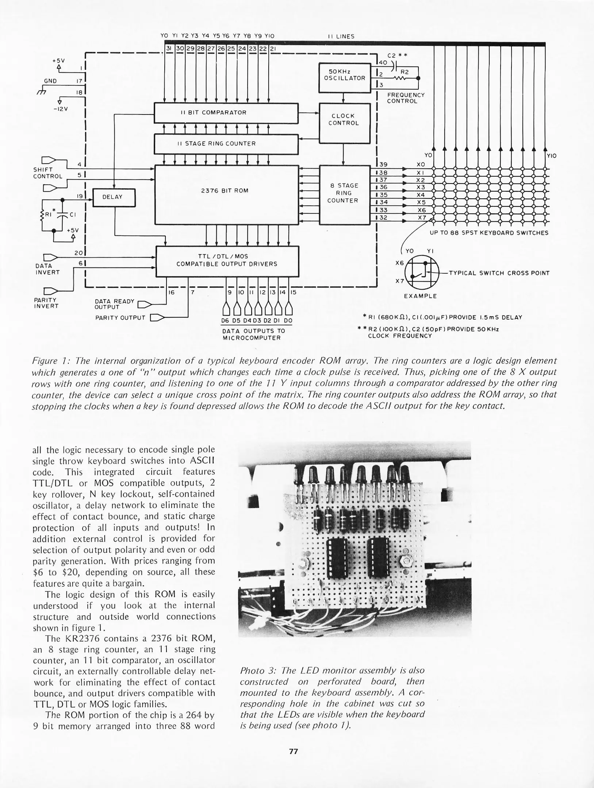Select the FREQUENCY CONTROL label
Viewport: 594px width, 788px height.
tap(406, 98)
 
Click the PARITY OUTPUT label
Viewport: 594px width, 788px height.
tap(120, 318)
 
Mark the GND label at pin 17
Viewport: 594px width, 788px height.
tap(50, 81)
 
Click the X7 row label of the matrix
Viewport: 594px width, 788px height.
tap(422, 218)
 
